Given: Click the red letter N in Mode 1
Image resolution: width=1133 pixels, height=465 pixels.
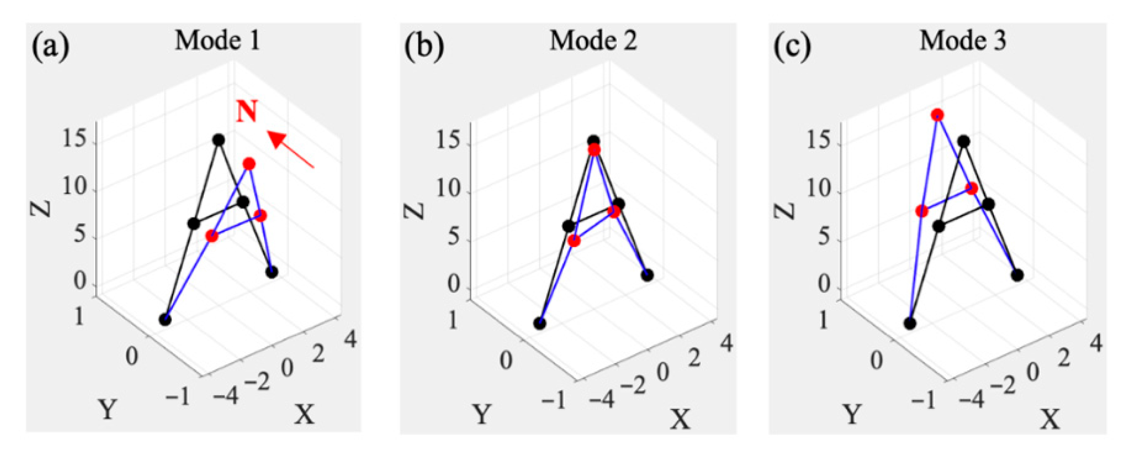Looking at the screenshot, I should pos(247,111).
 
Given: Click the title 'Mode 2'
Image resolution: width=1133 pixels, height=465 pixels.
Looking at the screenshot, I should pos(593,41).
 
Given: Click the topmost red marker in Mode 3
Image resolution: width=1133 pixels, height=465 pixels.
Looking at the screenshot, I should pos(937,115).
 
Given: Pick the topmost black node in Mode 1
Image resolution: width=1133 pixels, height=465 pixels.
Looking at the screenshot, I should pos(219,140).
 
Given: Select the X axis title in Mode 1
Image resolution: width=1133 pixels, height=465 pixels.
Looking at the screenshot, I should pos(304,414).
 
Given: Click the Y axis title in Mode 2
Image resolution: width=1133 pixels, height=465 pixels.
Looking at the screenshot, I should pos(481,414).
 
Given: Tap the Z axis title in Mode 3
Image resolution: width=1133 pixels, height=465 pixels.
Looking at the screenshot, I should pos(784,211).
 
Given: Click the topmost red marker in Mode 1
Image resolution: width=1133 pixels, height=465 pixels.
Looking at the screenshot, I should pos(249,164).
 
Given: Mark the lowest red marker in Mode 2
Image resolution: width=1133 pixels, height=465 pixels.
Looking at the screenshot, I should pos(574,241).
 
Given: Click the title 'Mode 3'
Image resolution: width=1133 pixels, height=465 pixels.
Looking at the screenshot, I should pos(963,41).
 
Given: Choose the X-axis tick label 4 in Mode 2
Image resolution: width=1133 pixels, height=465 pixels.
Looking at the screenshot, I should pos(726,344).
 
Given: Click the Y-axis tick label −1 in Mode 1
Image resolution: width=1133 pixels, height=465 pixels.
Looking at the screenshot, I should pos(178,397).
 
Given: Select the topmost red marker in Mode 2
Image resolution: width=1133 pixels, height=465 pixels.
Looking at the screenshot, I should pos(594,150).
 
